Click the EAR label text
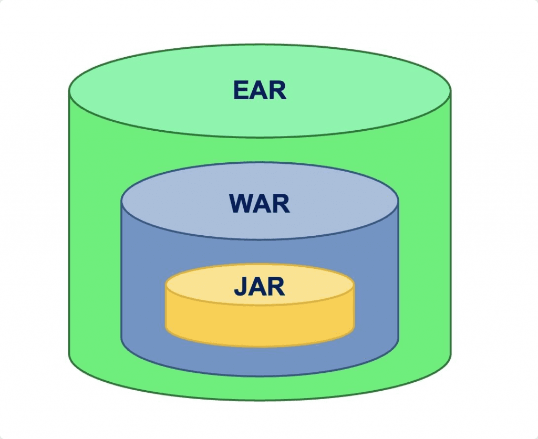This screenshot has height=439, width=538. tap(260, 90)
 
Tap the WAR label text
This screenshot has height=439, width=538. tap(260, 203)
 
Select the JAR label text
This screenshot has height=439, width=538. tap(260, 287)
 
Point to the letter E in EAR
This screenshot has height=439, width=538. tap(241, 90)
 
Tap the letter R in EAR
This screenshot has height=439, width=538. tap(278, 90)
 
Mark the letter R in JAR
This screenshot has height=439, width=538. tap(276, 287)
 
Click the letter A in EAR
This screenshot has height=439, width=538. tap(259, 90)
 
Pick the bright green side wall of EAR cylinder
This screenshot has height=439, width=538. tap(95, 236)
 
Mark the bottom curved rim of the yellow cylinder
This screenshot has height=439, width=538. tap(260, 346)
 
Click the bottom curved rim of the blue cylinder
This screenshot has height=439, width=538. tap(260, 375)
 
